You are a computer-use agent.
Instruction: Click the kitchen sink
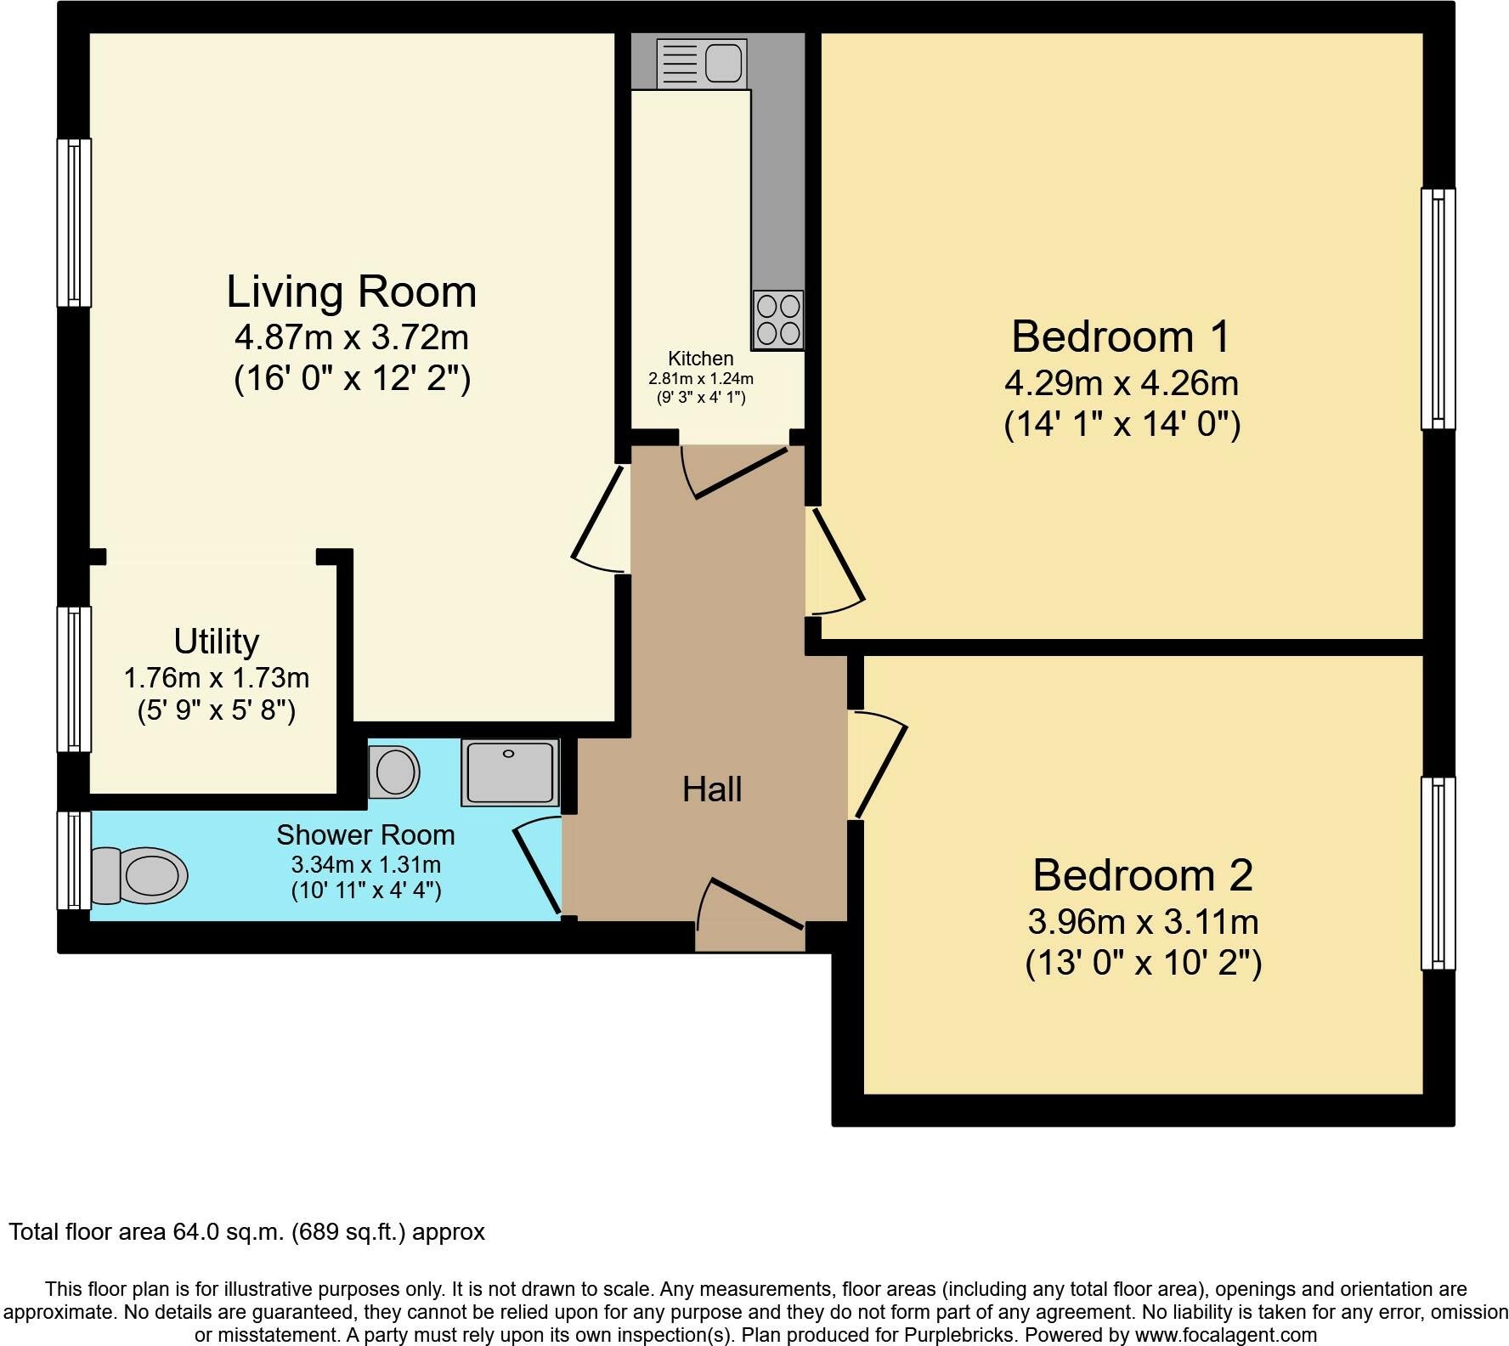702,62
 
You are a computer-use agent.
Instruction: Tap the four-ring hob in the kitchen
777,320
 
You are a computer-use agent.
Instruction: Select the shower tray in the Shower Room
510,772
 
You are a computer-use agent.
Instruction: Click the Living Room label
352,291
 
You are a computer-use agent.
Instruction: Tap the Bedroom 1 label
1121,336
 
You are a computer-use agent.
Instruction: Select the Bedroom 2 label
1143,875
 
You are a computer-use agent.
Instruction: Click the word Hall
712,789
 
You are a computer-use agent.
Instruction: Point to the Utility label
216,642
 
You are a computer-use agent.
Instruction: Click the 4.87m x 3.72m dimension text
352,338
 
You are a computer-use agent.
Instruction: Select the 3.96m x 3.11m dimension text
1143,922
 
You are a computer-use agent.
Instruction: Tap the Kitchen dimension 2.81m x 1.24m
701,379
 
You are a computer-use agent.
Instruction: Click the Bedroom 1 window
1438,308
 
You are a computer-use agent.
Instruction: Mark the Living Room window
74,222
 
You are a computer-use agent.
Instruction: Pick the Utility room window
74,679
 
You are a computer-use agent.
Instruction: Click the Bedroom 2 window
1438,874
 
